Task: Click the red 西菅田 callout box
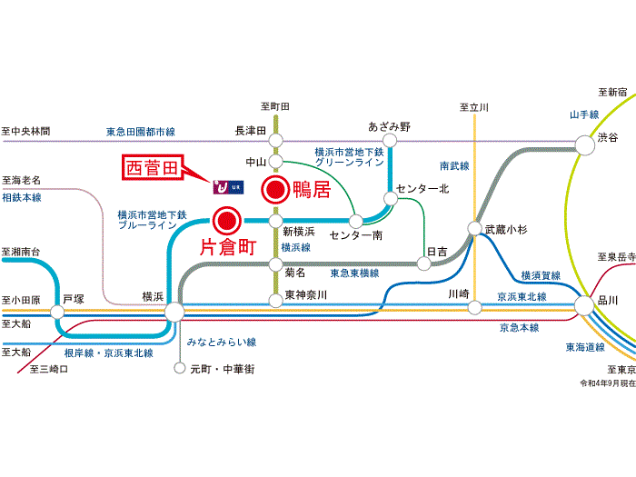tap(153, 167)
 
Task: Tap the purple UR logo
tap(228, 187)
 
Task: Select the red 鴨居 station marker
tap(276, 189)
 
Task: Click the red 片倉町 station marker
tap(227, 221)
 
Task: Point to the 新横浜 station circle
tap(276, 221)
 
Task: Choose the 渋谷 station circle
tap(585, 145)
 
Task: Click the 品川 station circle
tap(584, 306)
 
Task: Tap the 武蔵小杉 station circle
tap(474, 228)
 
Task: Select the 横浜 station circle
tap(174, 313)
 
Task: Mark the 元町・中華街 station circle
tap(180, 368)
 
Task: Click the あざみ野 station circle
tap(390, 140)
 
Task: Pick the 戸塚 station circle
tap(57, 313)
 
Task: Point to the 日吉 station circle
tap(424, 263)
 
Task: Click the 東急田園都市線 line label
tap(141, 132)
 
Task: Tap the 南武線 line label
tap(454, 165)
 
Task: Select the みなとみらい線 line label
tap(222, 343)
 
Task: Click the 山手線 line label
tap(584, 114)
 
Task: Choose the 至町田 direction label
tap(275, 106)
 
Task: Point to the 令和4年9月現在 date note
tap(608, 383)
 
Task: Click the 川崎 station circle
tap(475, 307)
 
